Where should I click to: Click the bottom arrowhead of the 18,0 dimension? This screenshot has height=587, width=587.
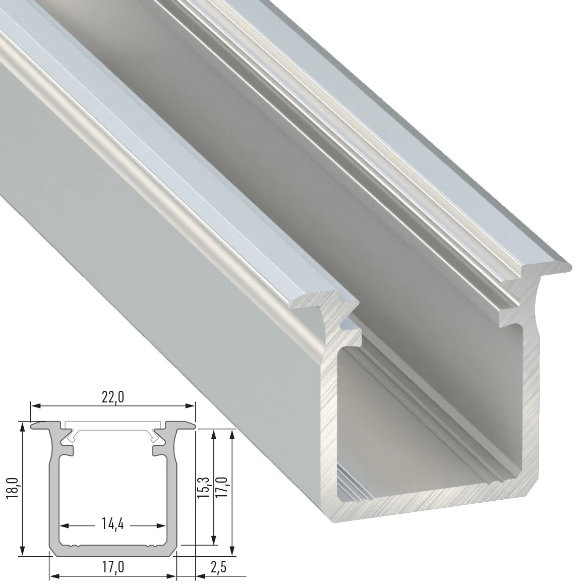22,553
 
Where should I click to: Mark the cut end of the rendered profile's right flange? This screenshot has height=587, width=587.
535,282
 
